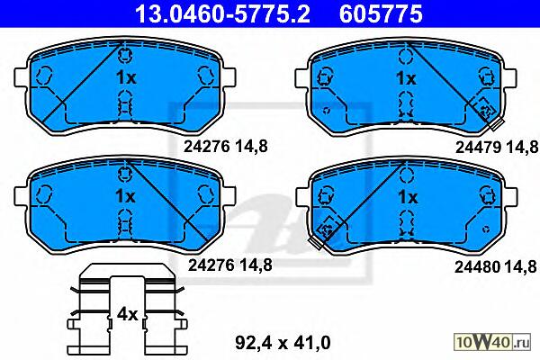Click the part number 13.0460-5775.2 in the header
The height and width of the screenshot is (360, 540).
(222, 13)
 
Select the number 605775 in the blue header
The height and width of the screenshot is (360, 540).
(381, 13)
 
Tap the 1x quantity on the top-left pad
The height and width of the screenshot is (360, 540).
(126, 78)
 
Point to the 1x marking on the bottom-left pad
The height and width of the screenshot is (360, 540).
(125, 196)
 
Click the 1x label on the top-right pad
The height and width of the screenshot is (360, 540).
(407, 78)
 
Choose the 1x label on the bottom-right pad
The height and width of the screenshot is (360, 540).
(408, 197)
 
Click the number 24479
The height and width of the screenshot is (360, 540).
(478, 148)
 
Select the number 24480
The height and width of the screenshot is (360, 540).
(477, 266)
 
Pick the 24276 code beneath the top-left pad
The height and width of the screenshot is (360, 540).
(206, 147)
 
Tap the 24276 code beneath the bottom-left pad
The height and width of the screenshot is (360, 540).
(211, 265)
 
